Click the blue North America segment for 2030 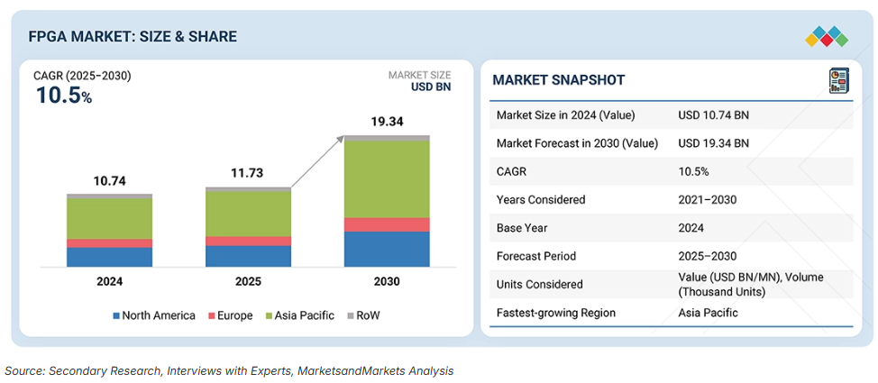tap(387, 249)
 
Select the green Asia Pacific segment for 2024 tap(109, 217)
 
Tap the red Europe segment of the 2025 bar tap(248, 241)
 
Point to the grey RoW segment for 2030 tap(387, 138)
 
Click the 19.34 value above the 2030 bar tap(387, 121)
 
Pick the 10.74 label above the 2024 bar tap(109, 180)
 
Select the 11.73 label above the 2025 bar tap(248, 174)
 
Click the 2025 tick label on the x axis tap(248, 281)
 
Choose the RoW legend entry tap(364, 315)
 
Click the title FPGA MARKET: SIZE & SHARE tap(133, 36)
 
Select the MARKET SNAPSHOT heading tap(558, 80)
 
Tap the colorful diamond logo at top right tap(826, 37)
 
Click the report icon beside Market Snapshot tap(838, 80)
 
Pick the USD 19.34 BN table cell tap(713, 142)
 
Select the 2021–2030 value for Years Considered tap(708, 199)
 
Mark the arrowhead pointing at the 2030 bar tap(342, 138)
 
